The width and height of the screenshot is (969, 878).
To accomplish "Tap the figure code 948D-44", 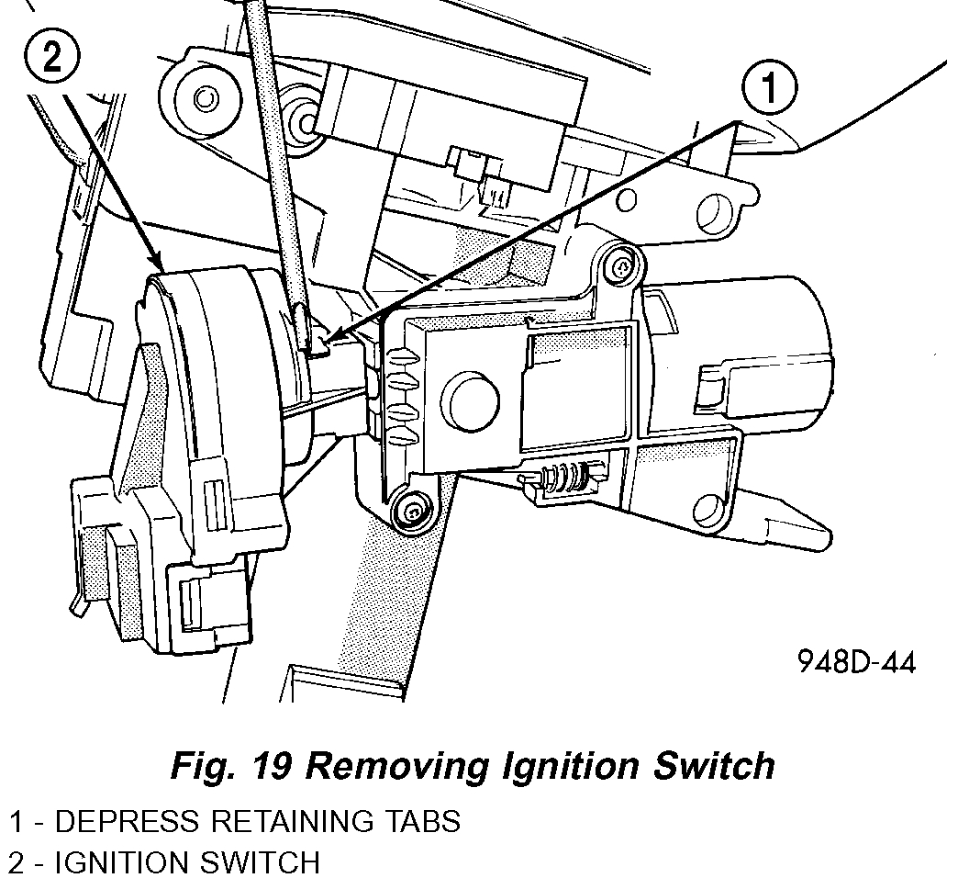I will [855, 662].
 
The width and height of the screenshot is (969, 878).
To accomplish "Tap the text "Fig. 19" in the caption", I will [231, 765].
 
